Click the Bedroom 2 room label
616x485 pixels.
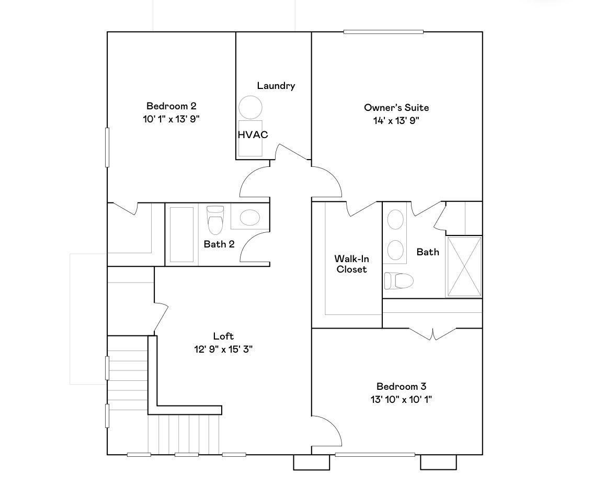coord(171,106)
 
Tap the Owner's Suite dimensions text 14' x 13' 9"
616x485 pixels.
coord(396,120)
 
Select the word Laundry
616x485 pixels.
coord(276,86)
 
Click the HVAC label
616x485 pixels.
coord(253,134)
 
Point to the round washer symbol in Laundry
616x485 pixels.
coord(250,107)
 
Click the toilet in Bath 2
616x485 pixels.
coord(215,219)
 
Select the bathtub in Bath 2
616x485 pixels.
coord(181,234)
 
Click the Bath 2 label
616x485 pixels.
coord(219,244)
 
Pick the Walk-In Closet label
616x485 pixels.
coord(351,264)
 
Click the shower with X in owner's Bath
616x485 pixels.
coord(464,267)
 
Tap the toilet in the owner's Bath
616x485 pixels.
coord(399,281)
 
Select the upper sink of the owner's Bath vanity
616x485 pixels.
coord(395,219)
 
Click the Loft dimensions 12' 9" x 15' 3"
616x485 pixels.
coord(223,349)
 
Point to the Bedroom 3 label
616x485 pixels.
coord(401,387)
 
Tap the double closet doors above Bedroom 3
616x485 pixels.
coord(433,334)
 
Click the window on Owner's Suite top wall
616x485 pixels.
coord(383,32)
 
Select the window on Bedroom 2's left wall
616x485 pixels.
coord(107,147)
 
